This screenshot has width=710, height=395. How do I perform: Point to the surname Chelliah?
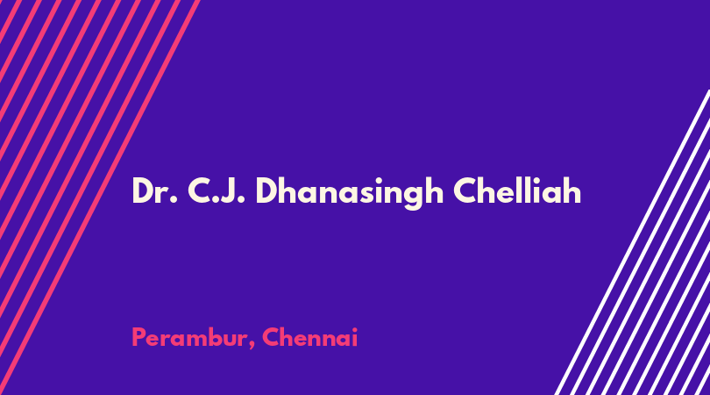click(x=517, y=190)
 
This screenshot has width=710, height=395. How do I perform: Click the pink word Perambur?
click(x=190, y=337)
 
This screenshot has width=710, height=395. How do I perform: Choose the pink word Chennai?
click(x=310, y=337)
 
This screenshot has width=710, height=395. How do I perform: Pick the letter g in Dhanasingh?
click(x=412, y=197)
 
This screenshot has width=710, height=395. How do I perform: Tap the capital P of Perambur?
click(x=138, y=337)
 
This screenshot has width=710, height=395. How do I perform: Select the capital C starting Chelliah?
click(x=465, y=191)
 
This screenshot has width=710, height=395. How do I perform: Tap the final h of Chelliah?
click(x=572, y=190)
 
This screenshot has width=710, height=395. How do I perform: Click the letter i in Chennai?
click(x=354, y=337)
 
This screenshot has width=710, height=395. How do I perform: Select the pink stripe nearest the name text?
click(x=99, y=197)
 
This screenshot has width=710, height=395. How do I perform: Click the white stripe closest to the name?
click(x=633, y=242)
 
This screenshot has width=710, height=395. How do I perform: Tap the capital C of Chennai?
click(x=271, y=337)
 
